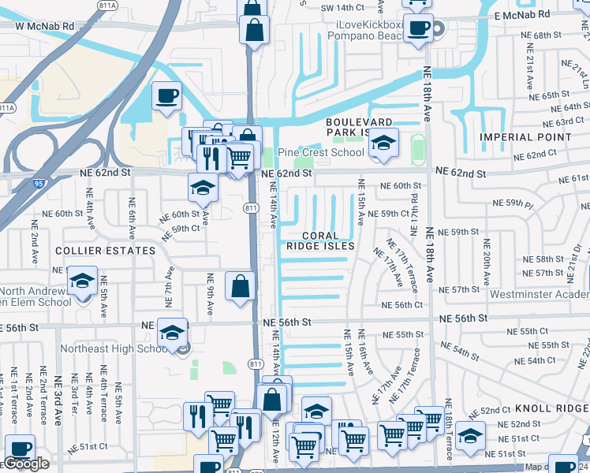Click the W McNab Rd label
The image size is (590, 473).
click(x=44, y=26)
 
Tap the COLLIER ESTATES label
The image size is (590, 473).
click(x=105, y=251)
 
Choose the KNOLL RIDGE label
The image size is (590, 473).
click(x=551, y=409)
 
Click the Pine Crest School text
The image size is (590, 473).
click(x=308, y=152)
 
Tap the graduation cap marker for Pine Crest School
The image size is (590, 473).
click(x=383, y=143)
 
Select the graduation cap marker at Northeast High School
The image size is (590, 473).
click(x=172, y=333)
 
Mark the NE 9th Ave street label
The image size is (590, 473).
click(x=211, y=294)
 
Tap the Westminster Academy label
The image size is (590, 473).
click(x=539, y=294)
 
